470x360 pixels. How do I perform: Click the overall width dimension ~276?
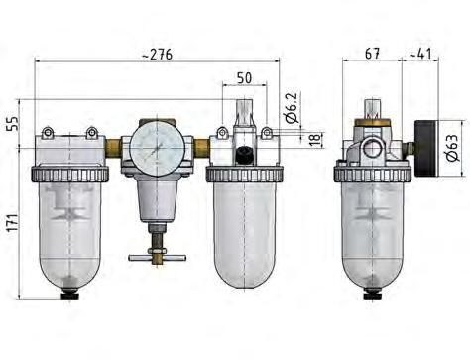coord(159,55)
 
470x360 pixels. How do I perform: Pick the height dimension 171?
coord(13,220)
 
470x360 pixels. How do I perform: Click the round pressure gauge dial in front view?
coord(155,148)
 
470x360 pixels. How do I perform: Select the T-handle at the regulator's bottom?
coord(158,257)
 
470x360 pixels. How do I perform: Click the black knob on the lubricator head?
coord(242,154)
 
